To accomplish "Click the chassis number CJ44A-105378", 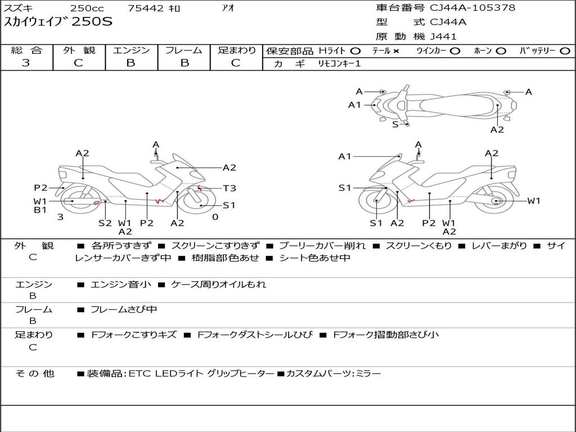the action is tap(472, 8).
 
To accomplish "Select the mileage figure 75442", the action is tap(146, 8).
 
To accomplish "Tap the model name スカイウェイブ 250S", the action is tap(58, 22).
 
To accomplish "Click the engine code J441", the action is tap(443, 37).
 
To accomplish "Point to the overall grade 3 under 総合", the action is tap(26, 62).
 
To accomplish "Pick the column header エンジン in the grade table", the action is tap(131, 50).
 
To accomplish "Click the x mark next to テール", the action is tap(395, 51).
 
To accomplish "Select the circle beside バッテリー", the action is tap(565, 51).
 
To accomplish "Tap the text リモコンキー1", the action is tap(339, 64).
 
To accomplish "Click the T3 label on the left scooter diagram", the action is tap(229, 188).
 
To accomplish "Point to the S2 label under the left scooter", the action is tap(105, 223).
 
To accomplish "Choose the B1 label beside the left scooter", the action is tap(40, 210).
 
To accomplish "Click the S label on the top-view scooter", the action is tap(395, 124).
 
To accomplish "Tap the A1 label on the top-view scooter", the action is tap(354, 105).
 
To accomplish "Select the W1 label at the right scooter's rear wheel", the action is tap(534, 201).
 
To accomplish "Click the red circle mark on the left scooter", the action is tap(97, 202).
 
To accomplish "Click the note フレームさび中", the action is tap(124, 310).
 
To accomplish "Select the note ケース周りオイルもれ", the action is tap(219, 284).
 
